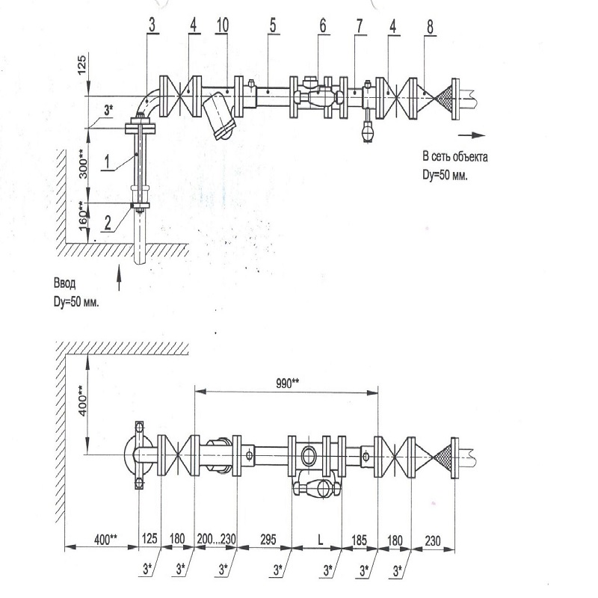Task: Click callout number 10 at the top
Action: (222, 25)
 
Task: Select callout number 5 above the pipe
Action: (273, 25)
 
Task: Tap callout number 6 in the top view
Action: (323, 26)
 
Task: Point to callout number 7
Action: (360, 26)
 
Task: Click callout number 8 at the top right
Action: (431, 27)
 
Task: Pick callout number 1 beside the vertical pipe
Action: (107, 161)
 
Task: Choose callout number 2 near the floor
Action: (108, 222)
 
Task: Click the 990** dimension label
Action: (287, 383)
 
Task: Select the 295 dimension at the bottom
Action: (268, 539)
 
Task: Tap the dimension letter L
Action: (321, 539)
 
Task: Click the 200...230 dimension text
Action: (216, 539)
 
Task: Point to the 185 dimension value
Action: (359, 540)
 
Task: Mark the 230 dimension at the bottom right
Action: (433, 540)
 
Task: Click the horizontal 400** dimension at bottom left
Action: (106, 540)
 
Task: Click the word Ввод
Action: (64, 283)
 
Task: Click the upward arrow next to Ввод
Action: (119, 277)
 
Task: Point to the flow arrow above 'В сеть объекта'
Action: (472, 135)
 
